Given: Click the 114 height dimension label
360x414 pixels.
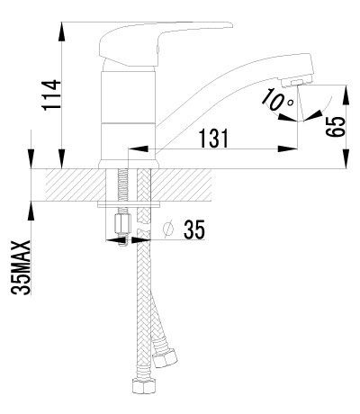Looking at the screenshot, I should tap(51, 95).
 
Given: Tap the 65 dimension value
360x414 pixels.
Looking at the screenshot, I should tap(334, 126).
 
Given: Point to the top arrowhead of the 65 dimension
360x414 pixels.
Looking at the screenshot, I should tap(346, 86).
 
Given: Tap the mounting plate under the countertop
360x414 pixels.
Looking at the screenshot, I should tap(130, 206).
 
